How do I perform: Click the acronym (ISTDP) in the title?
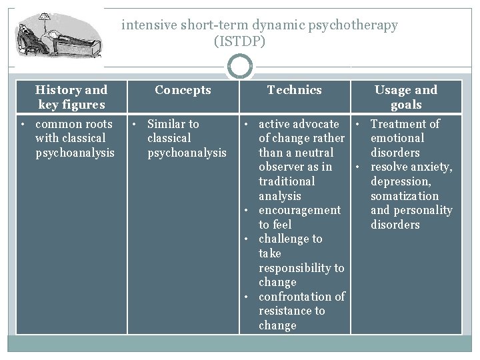(x=239, y=41)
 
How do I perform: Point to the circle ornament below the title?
(x=239, y=66)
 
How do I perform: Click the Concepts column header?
(x=183, y=90)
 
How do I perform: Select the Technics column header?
(x=294, y=90)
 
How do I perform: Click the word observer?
(x=281, y=167)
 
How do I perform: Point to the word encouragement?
(x=299, y=210)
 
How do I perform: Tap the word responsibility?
(x=301, y=268)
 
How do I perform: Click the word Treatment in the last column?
(x=398, y=124)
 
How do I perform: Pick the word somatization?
(x=404, y=196)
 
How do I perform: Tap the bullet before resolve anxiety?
(x=358, y=167)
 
